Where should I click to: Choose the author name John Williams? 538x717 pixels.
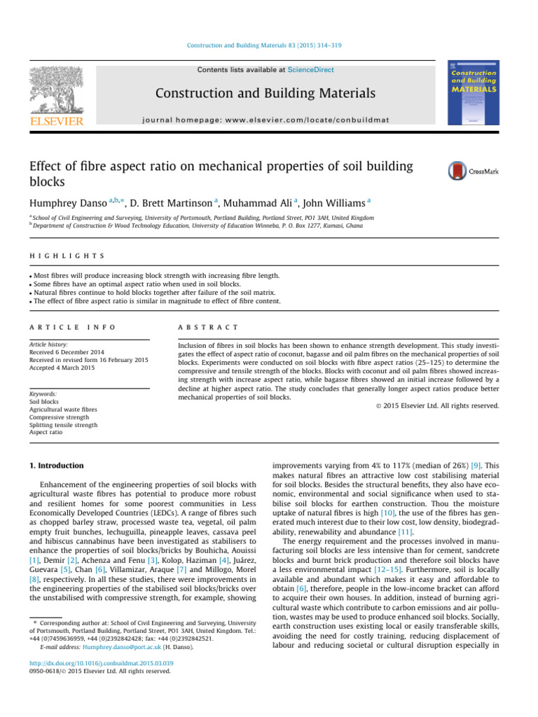click(333, 203)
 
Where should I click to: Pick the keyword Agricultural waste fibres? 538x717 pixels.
click(63, 409)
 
